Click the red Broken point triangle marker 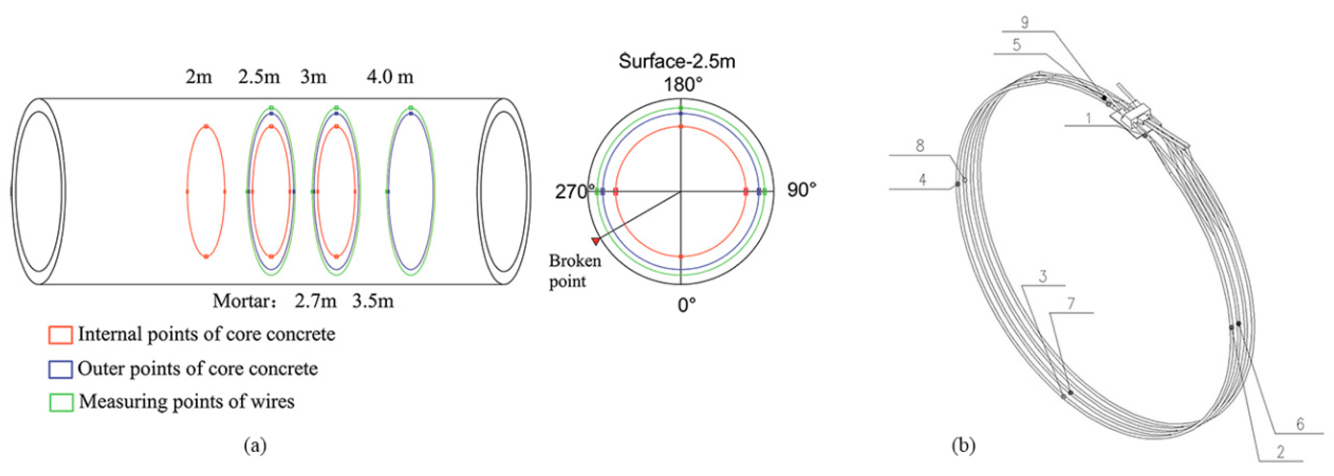tap(595, 241)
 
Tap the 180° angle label tap(683, 84)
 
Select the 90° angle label tap(801, 190)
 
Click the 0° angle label tap(687, 305)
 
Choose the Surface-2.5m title tap(677, 61)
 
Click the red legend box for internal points tap(60, 335)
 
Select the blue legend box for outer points tap(60, 369)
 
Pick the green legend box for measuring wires tap(61, 403)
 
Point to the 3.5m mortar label tap(373, 301)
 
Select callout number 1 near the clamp tap(1088, 118)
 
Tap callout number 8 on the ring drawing tap(920, 146)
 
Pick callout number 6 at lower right tap(1300, 424)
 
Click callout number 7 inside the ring tap(1071, 304)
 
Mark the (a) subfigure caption tap(255, 445)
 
